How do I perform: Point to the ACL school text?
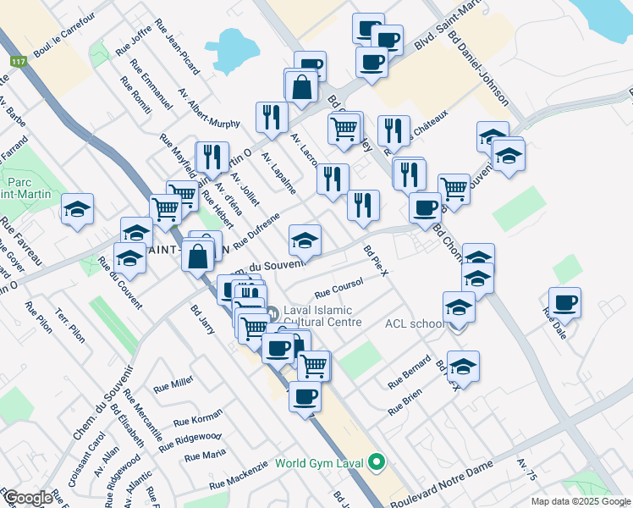pos(415,323)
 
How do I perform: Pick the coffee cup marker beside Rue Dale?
pos(564,303)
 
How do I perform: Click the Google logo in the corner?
pos(28,498)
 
